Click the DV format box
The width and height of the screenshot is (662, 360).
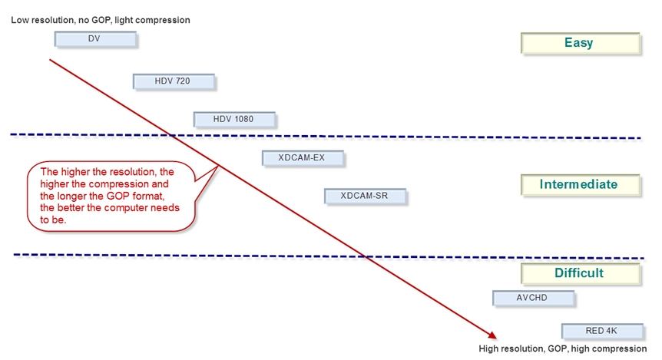(95, 38)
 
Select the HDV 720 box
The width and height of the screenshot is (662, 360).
(173, 81)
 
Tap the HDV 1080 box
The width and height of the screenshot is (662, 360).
(233, 119)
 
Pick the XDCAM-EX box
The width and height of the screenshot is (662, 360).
(303, 158)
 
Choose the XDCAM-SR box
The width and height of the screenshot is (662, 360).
(365, 197)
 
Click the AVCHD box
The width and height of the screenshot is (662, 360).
(532, 298)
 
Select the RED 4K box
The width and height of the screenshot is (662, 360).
(601, 332)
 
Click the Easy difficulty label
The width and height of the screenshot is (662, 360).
(579, 43)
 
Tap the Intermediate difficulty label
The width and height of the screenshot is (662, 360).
(579, 185)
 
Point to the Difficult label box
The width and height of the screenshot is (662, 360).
(579, 273)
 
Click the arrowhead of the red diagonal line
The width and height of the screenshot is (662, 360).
(490, 334)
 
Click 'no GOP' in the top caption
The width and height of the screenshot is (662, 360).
(95, 20)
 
